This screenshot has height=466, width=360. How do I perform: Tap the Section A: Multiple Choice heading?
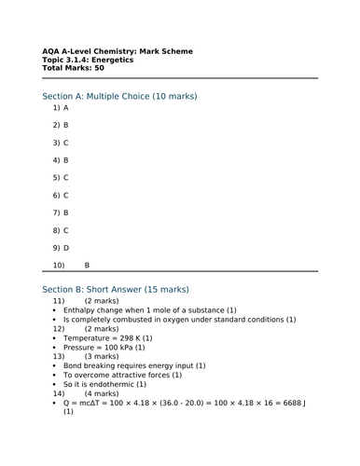pos(119,96)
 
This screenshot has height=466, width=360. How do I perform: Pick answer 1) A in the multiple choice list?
pos(61,107)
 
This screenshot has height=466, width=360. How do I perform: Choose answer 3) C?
pos(61,143)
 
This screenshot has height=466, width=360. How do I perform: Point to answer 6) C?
pos(61,195)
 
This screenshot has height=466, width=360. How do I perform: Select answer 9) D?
pos(61,248)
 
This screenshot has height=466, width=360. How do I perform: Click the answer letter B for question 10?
pos(87,266)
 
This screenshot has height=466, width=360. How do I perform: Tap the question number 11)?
pos(59,302)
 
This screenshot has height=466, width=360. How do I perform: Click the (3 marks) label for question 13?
pos(101,356)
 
